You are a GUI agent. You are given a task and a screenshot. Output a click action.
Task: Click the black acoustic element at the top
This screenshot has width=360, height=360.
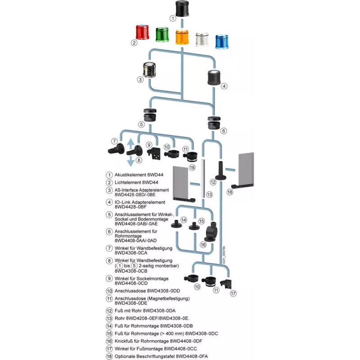point(182,9)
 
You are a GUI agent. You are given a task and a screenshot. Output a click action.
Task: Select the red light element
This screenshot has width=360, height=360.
point(142,32)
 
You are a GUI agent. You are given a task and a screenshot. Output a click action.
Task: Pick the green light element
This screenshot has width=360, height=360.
point(162,35)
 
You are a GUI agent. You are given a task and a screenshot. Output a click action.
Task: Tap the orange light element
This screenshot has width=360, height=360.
point(182,37)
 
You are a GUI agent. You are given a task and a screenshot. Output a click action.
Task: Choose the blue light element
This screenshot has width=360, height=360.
point(222,42)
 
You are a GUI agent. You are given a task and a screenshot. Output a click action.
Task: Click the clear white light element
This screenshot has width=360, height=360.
point(202,40)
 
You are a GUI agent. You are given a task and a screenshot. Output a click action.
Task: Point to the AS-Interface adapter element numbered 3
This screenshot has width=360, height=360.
point(149,70)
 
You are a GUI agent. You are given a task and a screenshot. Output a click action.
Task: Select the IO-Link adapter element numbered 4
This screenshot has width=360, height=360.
point(215,77)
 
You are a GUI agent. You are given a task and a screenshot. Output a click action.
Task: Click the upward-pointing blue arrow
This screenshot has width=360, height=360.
point(130,144)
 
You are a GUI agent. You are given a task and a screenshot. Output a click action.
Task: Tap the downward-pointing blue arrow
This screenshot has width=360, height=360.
point(130,161)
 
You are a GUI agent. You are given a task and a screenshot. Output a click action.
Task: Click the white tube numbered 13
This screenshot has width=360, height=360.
point(203,178)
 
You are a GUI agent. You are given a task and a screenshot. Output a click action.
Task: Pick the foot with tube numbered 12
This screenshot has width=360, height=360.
point(220,171)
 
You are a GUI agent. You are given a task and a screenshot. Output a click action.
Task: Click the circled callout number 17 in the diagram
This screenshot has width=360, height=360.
point(233,293)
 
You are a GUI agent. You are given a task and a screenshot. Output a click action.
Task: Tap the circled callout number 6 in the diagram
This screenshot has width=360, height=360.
point(224,131)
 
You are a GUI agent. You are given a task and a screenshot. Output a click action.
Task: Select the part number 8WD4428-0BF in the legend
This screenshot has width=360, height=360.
point(130,207)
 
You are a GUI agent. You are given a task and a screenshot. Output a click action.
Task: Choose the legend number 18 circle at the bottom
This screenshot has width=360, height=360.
point(109,356)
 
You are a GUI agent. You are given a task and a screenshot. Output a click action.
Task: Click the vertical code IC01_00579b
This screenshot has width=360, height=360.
point(224,255)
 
